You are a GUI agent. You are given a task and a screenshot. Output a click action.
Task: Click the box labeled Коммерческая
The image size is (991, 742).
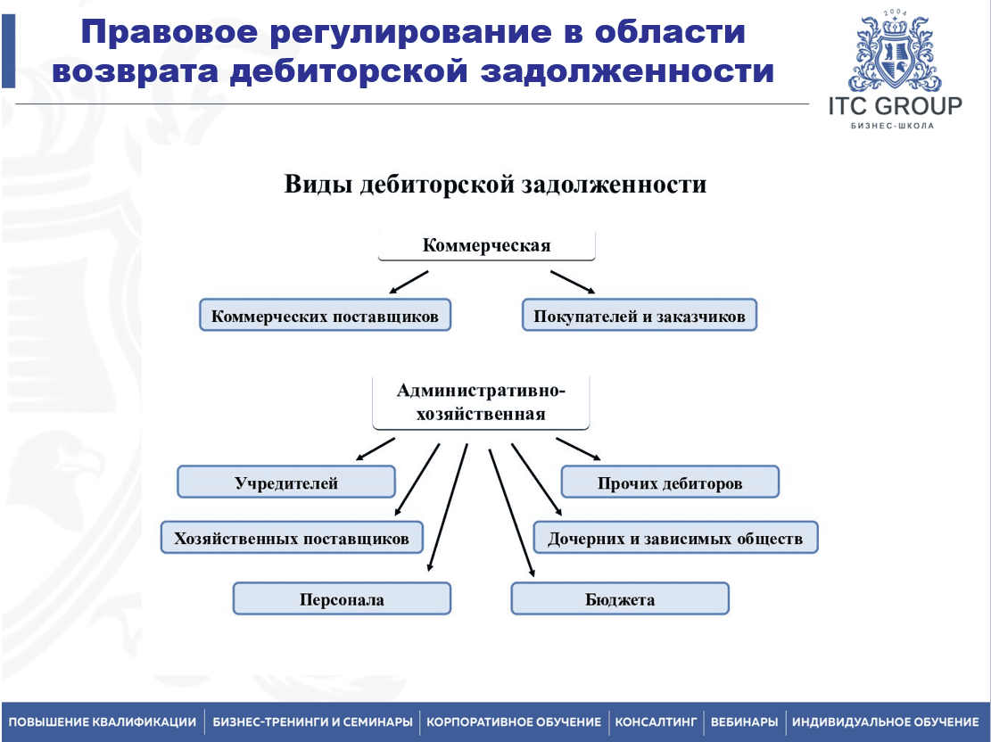[486, 245]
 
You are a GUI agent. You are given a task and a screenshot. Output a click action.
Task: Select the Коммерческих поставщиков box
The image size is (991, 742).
[326, 316]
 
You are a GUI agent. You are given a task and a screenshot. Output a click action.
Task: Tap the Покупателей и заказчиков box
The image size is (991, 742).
[639, 316]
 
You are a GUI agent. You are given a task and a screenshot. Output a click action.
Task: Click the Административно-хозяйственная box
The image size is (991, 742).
[481, 402]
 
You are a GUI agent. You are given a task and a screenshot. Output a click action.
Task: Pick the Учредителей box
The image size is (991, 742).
[286, 482]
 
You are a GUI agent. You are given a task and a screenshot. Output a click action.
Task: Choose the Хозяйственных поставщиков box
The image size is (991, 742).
[293, 538]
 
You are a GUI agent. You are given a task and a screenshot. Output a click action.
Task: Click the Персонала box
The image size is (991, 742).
[342, 599]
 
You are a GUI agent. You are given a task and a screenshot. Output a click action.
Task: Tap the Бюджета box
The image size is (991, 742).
[620, 599]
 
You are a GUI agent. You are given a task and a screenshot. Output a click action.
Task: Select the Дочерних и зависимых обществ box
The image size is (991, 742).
[675, 538]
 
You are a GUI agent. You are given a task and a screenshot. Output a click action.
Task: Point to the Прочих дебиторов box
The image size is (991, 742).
[670, 482]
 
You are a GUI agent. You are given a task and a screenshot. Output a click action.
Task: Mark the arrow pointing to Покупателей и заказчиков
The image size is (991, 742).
[573, 282]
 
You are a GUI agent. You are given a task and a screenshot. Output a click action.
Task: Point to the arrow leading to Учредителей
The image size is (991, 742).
[375, 449]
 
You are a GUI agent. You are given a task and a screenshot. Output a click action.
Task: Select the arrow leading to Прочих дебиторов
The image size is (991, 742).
[578, 449]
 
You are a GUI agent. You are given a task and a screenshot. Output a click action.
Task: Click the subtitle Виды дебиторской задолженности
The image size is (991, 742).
[495, 185]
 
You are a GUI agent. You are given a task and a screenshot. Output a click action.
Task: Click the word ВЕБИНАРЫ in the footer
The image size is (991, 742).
[744, 721]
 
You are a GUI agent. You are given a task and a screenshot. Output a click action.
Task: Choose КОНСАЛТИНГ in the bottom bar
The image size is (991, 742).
[656, 721]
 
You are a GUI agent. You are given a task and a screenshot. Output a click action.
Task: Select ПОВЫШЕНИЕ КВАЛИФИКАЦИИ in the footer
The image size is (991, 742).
[102, 721]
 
